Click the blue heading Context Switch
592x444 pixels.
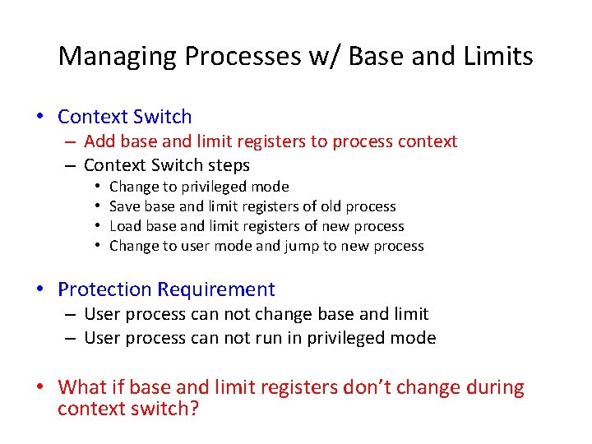pyautogui.click(x=125, y=117)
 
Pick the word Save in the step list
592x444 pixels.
pyautogui.click(x=125, y=206)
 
